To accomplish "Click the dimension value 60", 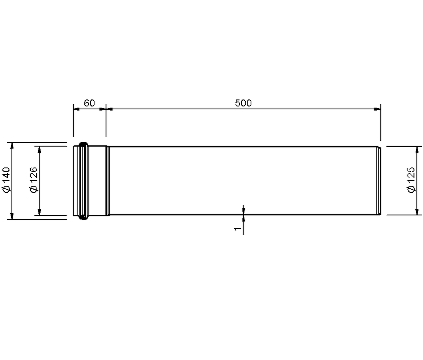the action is [x=89, y=103].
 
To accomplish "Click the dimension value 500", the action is [x=243, y=103].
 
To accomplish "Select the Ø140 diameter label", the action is [x=6, y=180].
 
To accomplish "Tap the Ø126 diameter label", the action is [x=34, y=180].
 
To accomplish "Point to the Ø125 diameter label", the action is [x=411, y=180].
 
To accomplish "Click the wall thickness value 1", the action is [x=237, y=228].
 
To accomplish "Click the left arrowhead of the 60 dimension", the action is [x=76, y=109].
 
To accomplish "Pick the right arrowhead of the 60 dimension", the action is [x=103, y=109].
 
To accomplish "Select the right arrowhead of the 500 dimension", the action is [x=378, y=109].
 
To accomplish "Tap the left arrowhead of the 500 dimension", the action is [x=110, y=109].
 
